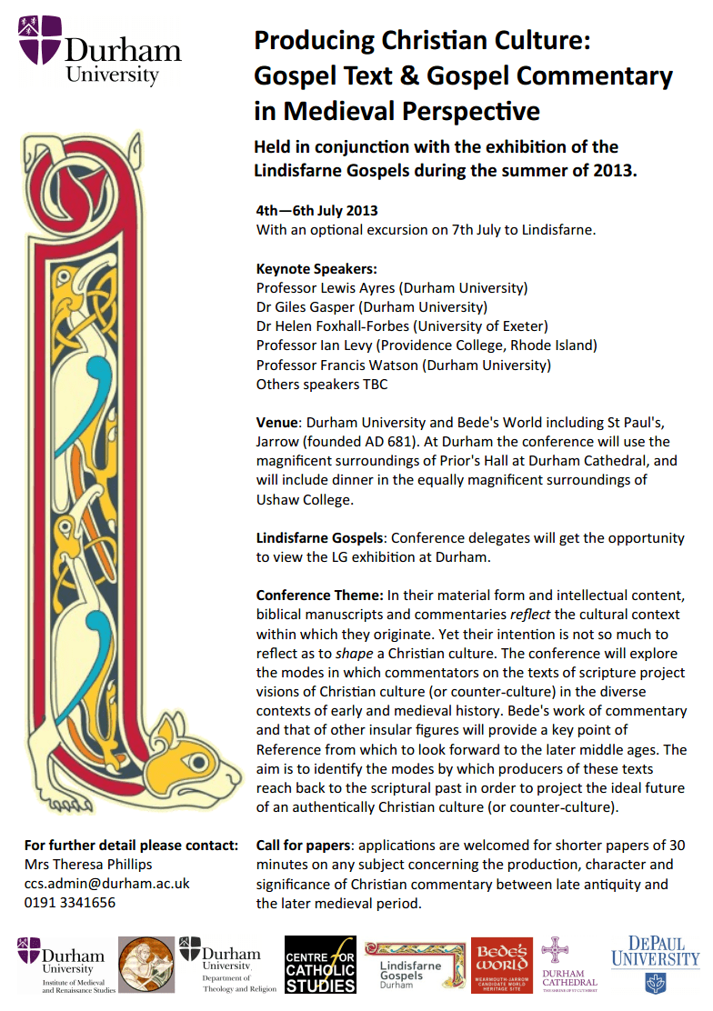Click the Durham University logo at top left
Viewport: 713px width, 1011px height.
point(98,51)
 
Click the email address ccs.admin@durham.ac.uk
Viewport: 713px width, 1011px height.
point(106,883)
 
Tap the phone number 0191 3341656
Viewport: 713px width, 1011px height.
point(70,903)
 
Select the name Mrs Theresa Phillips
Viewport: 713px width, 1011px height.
point(88,864)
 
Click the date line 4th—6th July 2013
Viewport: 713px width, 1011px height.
point(316,211)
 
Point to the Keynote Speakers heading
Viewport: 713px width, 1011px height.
point(316,269)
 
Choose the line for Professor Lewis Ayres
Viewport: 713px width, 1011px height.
point(392,288)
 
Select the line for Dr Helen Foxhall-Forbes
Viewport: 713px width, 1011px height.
point(402,326)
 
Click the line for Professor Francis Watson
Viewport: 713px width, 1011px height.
point(404,365)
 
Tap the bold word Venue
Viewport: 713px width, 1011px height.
point(276,423)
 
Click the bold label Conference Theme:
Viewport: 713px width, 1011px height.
point(319,596)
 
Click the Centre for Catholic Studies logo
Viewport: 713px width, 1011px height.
point(320,965)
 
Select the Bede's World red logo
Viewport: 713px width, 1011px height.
point(502,965)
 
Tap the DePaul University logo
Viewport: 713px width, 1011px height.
point(655,963)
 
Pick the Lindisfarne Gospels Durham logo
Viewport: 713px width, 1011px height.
point(414,965)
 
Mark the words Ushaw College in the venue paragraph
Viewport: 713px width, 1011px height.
point(299,500)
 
